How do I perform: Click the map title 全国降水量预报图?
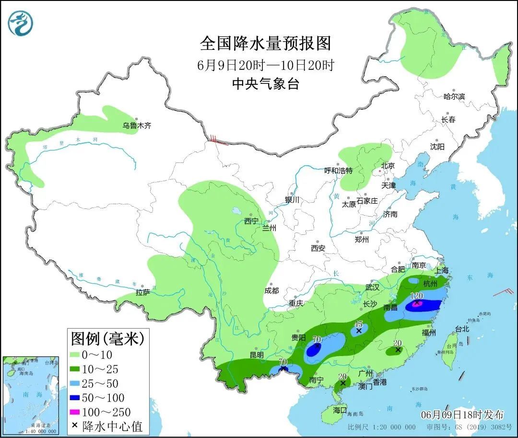[265, 44]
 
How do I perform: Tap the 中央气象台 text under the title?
[265, 84]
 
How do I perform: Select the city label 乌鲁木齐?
[137, 126]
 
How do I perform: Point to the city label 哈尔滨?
[454, 96]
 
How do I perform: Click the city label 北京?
[388, 166]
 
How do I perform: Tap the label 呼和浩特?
[338, 171]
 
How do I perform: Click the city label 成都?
[271, 290]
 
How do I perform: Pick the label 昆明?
[257, 355]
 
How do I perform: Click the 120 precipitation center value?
[416, 296]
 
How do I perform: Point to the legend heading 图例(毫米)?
[107, 339]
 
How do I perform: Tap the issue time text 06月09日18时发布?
[462, 415]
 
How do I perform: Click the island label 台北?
[462, 329]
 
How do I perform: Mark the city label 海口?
[340, 410]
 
